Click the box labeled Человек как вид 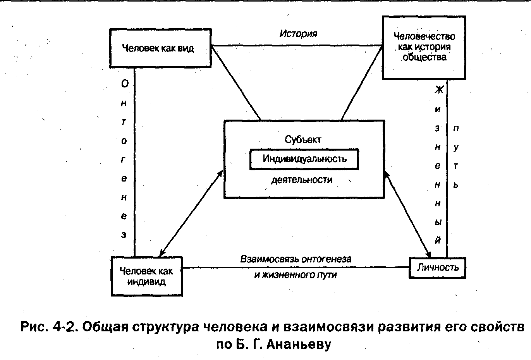[x=160, y=48]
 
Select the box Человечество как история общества [x=424, y=48]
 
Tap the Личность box [x=437, y=268]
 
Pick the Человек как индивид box [x=147, y=276]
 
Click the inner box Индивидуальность [x=304, y=159]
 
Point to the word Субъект [x=303, y=140]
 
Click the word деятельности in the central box [x=302, y=180]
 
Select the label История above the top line [x=298, y=34]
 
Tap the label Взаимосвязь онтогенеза [x=296, y=259]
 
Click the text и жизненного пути [x=296, y=275]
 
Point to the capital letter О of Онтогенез [x=125, y=84]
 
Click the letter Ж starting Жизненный [x=439, y=89]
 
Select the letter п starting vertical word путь [x=456, y=129]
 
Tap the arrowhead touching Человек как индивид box [x=162, y=253]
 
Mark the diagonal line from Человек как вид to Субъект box [x=236, y=83]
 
